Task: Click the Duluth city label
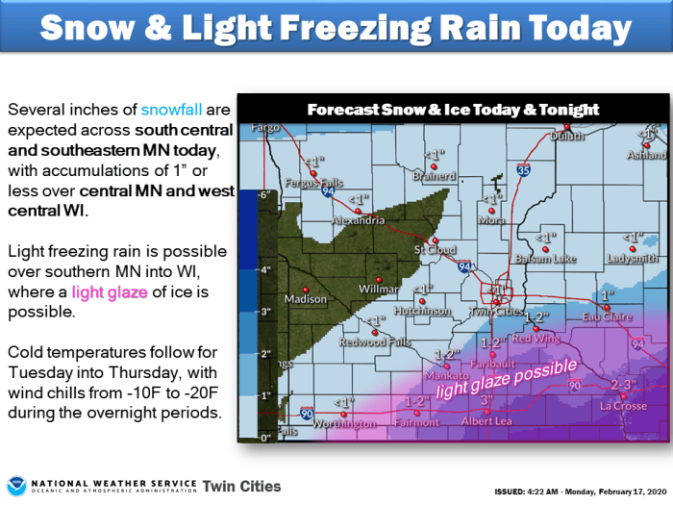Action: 567,137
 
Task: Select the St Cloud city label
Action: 433,250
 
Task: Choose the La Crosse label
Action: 622,405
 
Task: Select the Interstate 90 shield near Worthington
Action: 305,408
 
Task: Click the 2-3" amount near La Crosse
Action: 624,386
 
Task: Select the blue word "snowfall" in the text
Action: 174,111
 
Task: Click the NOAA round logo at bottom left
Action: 16,485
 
